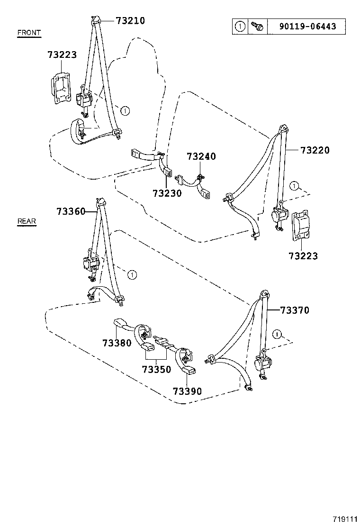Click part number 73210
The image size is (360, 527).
coord(130,20)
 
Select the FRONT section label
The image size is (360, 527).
coord(29,33)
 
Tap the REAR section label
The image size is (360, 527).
coord(27,221)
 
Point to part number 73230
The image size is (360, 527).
coord(167,193)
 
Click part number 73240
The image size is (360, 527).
coord(201,156)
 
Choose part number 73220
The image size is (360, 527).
coord(315,150)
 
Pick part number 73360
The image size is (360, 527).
coord(71,211)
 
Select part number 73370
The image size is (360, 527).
coord(294,310)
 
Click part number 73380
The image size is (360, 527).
coord(117,342)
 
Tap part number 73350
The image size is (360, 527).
coord(156,369)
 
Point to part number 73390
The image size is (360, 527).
coord(187,391)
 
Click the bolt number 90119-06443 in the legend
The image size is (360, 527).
coord(308,27)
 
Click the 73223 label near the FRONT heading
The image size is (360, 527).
coord(62,55)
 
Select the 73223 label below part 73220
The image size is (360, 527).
coord(303,256)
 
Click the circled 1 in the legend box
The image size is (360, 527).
coord(240,27)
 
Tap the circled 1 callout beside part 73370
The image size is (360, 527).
coord(278,334)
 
